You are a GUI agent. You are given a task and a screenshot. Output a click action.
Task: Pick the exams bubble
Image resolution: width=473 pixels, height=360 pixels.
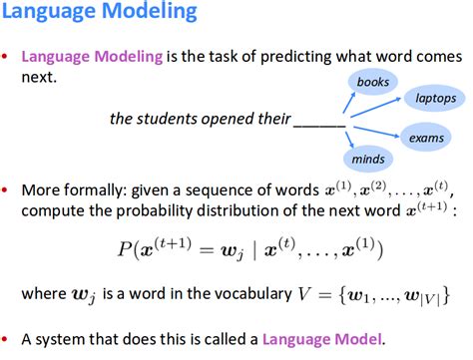point(427,139)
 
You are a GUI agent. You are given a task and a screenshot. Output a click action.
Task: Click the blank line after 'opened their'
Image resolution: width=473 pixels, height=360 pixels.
point(319,121)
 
